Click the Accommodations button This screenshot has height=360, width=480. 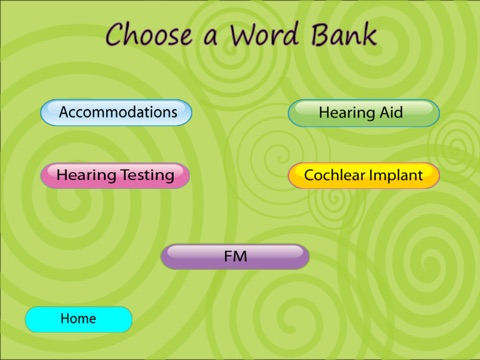116,112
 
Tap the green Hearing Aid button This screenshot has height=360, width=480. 364,113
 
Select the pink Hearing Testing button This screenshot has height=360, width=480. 115,175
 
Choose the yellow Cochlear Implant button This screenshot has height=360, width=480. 364,175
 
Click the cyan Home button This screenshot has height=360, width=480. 79,319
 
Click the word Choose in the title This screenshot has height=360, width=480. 149,34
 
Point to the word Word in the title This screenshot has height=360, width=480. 263,34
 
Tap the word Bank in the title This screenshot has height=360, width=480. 344,34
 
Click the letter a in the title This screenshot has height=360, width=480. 211,37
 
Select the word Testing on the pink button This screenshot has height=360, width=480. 147,175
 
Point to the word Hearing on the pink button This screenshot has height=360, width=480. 86,176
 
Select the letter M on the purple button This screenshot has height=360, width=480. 241,256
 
